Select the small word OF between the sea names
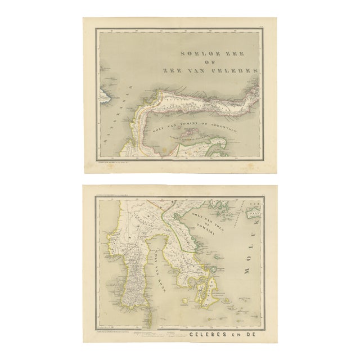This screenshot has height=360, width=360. click(217, 62)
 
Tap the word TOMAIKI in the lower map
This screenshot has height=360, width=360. click(219, 232)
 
